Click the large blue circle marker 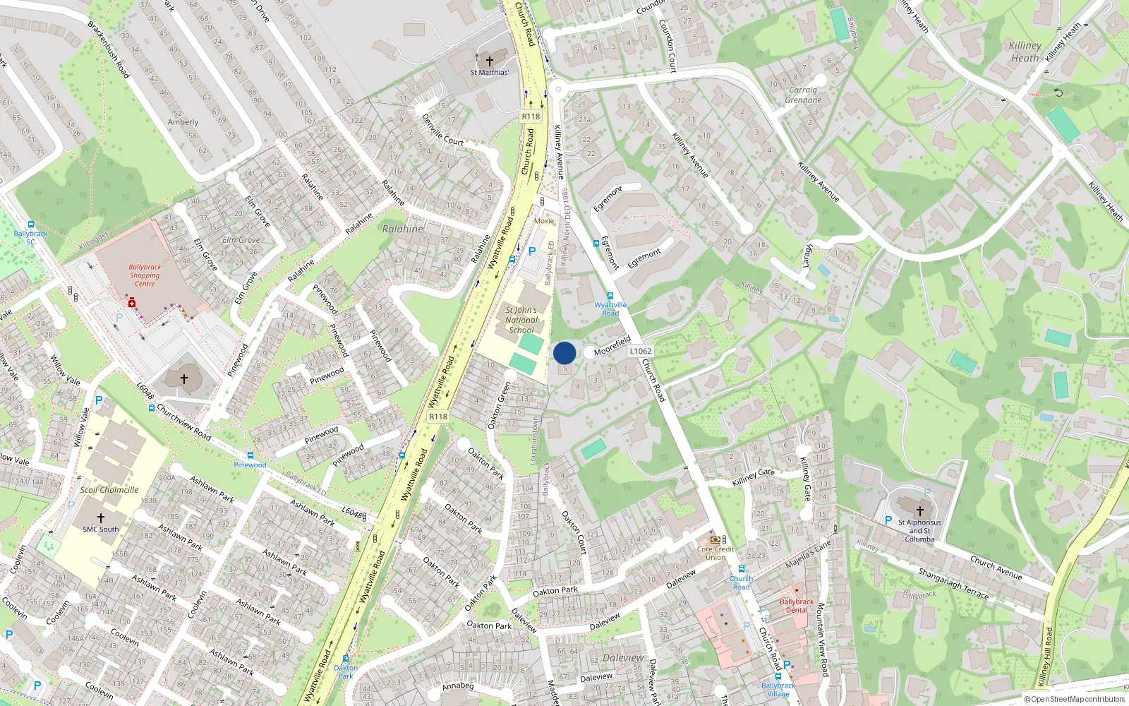[564, 353]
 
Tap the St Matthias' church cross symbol [489, 61]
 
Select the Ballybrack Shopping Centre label [145, 275]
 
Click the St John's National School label [521, 320]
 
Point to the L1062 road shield [641, 351]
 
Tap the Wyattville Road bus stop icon [610, 296]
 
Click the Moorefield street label [612, 345]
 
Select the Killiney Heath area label [1025, 52]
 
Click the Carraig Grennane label [803, 95]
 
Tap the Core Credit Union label [716, 553]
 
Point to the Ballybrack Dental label [797, 606]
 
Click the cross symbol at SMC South [100, 517]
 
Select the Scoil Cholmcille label [109, 489]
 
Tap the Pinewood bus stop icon [250, 455]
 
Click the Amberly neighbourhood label [183, 122]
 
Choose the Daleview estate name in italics [623, 657]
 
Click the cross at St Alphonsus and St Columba [919, 511]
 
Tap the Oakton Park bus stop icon [345, 658]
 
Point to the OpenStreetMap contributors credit [1075, 699]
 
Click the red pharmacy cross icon [131, 302]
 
